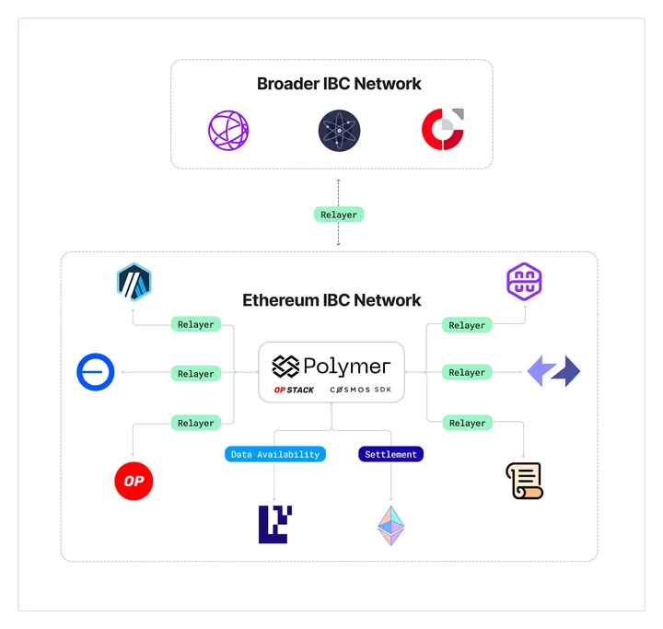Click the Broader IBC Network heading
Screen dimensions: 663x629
(x=339, y=84)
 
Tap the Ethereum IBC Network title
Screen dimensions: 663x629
(x=331, y=300)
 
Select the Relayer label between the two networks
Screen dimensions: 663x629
(x=339, y=215)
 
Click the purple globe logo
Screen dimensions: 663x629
(x=228, y=130)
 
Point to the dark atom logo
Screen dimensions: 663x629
(x=339, y=130)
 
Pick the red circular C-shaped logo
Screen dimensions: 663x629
(x=443, y=130)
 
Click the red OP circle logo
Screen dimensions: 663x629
(x=134, y=481)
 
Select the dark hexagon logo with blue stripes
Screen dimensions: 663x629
(x=134, y=282)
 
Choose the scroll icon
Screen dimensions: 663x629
(x=524, y=481)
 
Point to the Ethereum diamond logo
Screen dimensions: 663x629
(x=390, y=525)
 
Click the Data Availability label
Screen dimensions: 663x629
(x=275, y=454)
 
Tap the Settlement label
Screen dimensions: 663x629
(x=390, y=454)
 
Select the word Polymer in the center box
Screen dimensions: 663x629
(x=347, y=367)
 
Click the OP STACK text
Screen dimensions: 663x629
(x=294, y=390)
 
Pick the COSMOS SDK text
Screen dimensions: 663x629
(x=361, y=390)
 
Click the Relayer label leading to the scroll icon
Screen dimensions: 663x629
(x=467, y=423)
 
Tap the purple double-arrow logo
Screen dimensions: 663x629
(x=554, y=371)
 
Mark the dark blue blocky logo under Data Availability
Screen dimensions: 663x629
(x=275, y=525)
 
